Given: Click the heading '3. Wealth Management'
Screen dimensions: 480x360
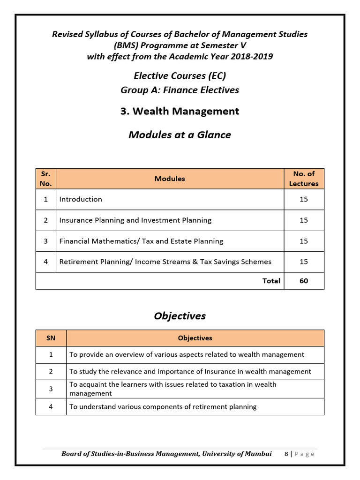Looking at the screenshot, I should [180, 111].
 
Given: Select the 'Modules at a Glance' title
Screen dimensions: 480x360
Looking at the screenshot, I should [180, 135].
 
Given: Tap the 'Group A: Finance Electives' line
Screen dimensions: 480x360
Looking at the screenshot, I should [180, 90].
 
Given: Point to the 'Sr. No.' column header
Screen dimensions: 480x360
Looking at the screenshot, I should [45, 179].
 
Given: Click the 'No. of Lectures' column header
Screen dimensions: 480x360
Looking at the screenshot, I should [303, 179].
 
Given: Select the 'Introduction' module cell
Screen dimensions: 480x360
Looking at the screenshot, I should [81, 199].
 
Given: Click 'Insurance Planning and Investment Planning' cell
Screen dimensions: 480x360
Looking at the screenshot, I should [135, 220].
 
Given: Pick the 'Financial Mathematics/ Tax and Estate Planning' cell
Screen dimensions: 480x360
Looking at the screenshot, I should [141, 241].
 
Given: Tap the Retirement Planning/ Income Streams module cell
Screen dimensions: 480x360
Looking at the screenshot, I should [165, 262].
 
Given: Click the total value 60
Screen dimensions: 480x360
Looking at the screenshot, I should [303, 281].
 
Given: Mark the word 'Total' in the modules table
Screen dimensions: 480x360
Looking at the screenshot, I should [271, 281].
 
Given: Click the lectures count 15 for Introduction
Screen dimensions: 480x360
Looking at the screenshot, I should [303, 199].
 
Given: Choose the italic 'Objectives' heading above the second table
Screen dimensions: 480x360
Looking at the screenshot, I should [180, 316].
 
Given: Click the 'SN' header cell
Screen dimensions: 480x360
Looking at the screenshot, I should [51, 338].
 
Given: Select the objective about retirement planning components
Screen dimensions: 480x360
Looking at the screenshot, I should [163, 407].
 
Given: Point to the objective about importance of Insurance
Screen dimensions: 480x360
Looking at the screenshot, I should [190, 371].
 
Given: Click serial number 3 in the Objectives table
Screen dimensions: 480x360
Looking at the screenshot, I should [51, 389].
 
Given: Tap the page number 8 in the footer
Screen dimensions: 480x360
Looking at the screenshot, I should [286, 454].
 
